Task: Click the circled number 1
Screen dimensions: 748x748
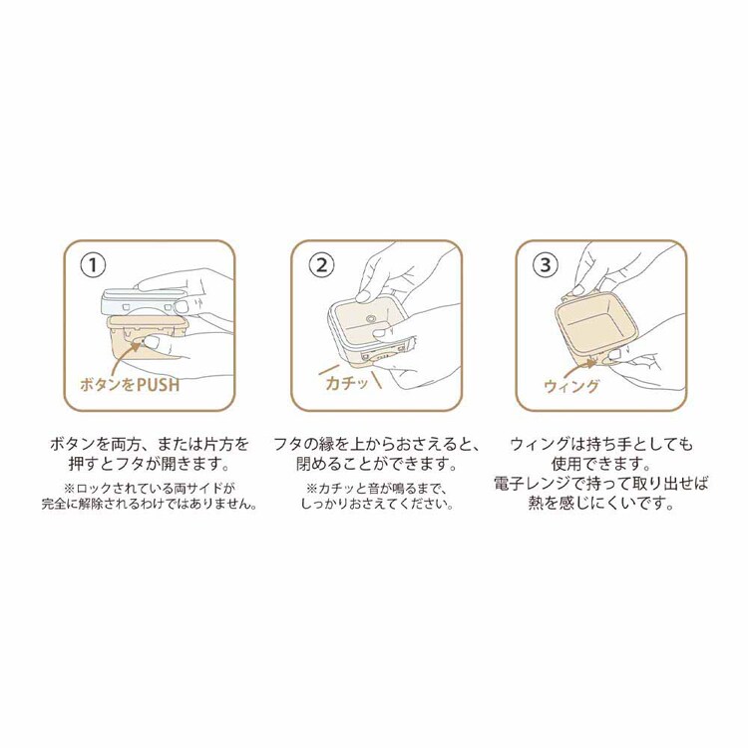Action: [93, 266]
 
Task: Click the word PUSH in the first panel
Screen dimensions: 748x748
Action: [156, 384]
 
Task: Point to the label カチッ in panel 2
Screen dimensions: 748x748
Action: [347, 384]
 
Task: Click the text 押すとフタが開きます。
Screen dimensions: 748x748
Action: [149, 464]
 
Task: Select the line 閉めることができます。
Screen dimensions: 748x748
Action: [374, 464]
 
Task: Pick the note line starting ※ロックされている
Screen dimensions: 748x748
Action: [149, 488]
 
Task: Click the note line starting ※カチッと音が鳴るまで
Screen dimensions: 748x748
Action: [374, 488]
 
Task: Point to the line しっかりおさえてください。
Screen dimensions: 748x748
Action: [374, 505]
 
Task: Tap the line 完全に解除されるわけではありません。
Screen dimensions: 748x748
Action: [149, 505]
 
